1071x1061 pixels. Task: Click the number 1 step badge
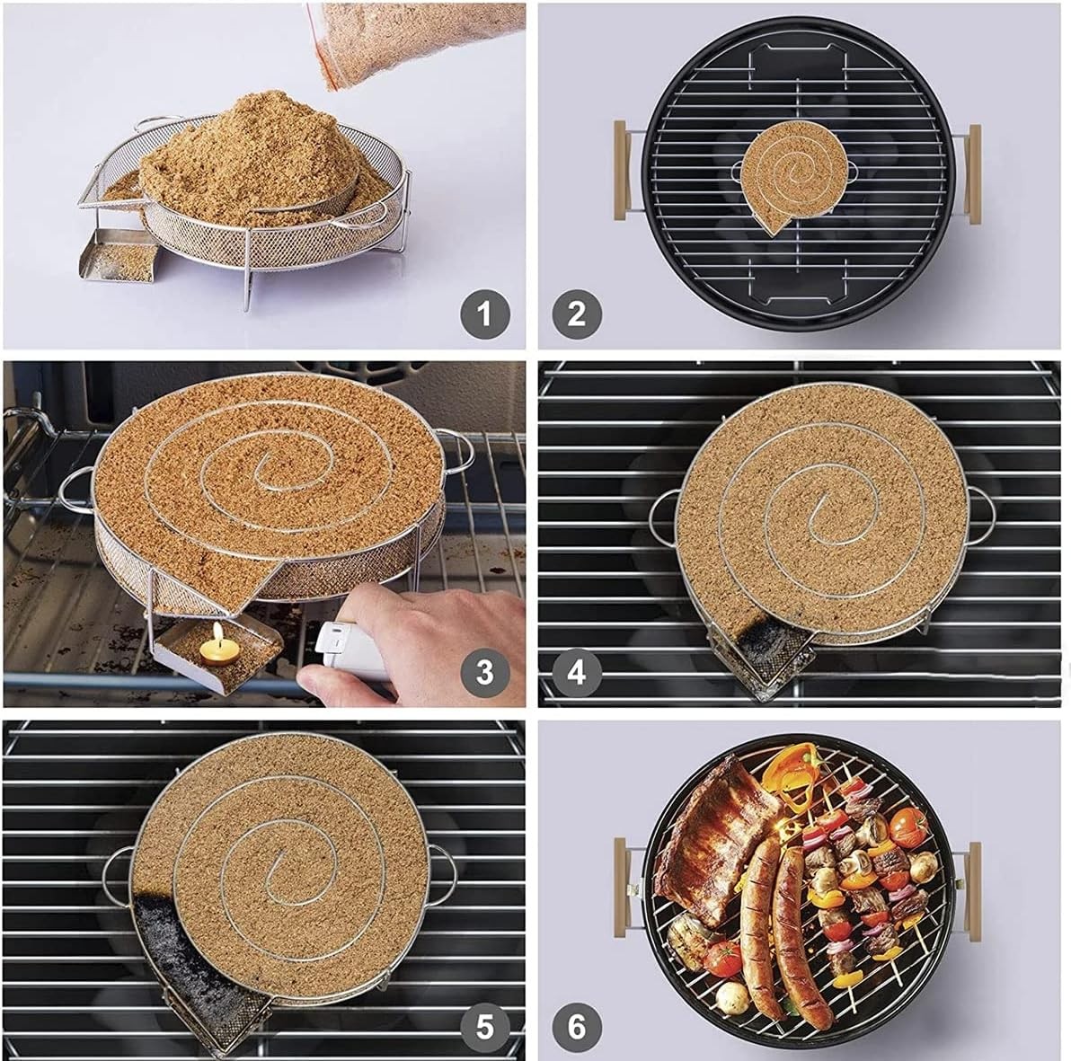(485, 314)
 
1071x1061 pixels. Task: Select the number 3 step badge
(485, 671)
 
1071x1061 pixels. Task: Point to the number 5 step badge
(485, 1025)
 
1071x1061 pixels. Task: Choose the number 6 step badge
(577, 1025)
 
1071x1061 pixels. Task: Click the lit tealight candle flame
(215, 643)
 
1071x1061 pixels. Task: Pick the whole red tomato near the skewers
(907, 821)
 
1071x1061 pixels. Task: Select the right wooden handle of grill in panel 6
(974, 889)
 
